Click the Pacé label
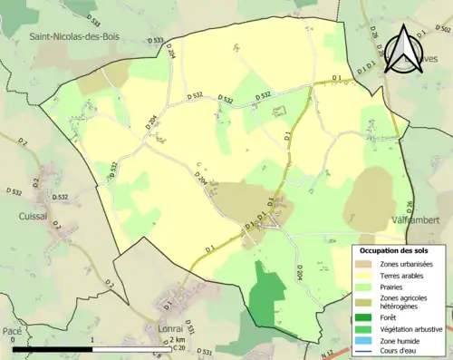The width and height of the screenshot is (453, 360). [13, 334]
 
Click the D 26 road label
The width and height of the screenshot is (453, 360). [410, 207]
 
